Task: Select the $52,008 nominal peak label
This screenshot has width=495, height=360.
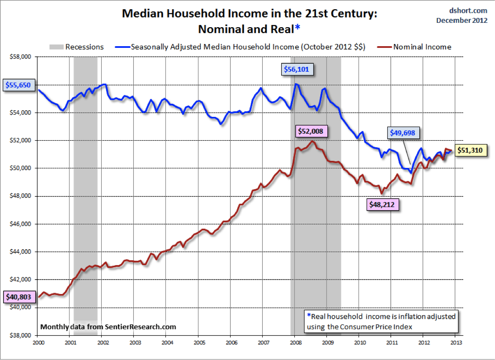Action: (312, 131)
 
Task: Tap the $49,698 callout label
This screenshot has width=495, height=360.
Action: (404, 132)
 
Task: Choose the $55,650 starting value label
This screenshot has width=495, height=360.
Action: (18, 85)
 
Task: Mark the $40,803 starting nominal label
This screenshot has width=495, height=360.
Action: (18, 297)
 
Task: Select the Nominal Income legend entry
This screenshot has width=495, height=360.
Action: (422, 47)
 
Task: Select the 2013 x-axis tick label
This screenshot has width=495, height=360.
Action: (455, 341)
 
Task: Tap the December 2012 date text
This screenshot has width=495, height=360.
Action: (462, 20)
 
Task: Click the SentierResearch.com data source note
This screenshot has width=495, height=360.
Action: (108, 327)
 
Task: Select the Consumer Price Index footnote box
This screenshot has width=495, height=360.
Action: (381, 321)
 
